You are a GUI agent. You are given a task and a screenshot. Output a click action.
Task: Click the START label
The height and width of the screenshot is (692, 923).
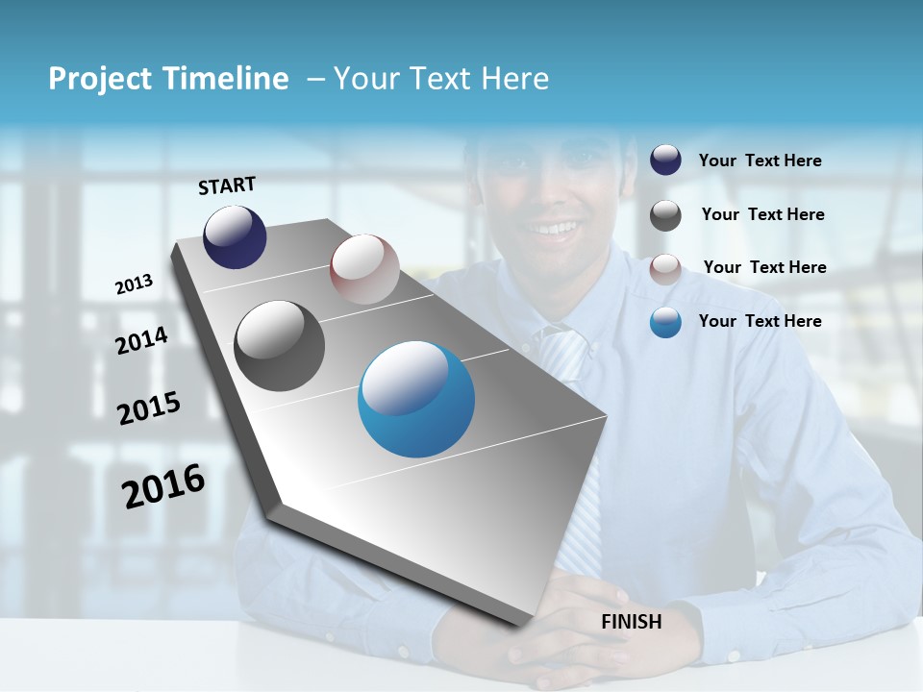tap(227, 185)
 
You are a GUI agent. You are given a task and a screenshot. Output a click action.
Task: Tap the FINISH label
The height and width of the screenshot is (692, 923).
tap(632, 622)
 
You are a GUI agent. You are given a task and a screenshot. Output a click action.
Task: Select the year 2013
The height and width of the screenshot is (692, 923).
tap(135, 284)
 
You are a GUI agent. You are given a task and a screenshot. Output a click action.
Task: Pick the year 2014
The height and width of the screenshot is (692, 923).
tap(142, 341)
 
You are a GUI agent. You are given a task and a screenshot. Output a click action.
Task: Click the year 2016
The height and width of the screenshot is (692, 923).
tap(164, 486)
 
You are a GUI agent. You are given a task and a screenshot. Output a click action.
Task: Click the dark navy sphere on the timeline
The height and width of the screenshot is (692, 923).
tap(235, 236)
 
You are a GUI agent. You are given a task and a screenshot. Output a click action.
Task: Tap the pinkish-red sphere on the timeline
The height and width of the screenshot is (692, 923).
tap(364, 269)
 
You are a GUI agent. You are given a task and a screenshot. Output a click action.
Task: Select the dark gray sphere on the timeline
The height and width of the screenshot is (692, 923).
tap(280, 346)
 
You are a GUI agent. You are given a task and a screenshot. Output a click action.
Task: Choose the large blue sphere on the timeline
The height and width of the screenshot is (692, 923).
tap(416, 399)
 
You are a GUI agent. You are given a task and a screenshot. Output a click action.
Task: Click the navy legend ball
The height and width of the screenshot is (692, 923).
tap(665, 160)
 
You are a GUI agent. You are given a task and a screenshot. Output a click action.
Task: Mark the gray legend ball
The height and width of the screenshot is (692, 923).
tap(665, 214)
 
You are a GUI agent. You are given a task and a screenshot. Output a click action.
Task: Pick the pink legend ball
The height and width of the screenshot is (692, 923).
tap(665, 268)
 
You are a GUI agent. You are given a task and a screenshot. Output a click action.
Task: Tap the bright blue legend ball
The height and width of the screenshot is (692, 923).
tap(665, 322)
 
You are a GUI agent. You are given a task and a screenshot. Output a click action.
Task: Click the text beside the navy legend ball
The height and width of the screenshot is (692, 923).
tap(760, 161)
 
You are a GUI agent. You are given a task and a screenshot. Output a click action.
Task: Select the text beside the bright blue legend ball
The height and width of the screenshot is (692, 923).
tap(760, 321)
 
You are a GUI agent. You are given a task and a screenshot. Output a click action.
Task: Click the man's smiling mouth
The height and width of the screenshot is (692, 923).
tap(555, 229)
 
